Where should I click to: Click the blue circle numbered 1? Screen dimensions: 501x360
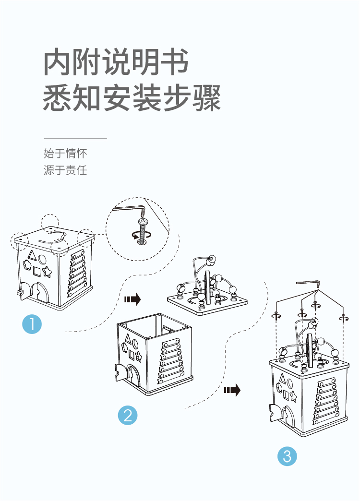click(32, 324)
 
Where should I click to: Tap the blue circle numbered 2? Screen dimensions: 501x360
click(128, 415)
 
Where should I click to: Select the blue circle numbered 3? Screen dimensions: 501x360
click(287, 456)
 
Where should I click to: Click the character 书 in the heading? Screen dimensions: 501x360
click(173, 62)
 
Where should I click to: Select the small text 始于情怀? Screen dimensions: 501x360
click(65, 154)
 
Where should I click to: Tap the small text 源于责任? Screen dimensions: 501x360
click(65, 170)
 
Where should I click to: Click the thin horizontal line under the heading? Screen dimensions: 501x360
click(75, 138)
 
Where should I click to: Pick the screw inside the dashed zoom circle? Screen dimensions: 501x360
click(143, 229)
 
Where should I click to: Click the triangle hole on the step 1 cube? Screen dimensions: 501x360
click(33, 254)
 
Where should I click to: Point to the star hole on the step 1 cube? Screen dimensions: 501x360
click(48, 272)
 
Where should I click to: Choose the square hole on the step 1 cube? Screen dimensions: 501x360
click(37, 272)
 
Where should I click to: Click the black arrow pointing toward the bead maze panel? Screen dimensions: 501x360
click(132, 300)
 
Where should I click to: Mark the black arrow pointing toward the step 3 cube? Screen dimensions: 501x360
click(232, 390)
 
